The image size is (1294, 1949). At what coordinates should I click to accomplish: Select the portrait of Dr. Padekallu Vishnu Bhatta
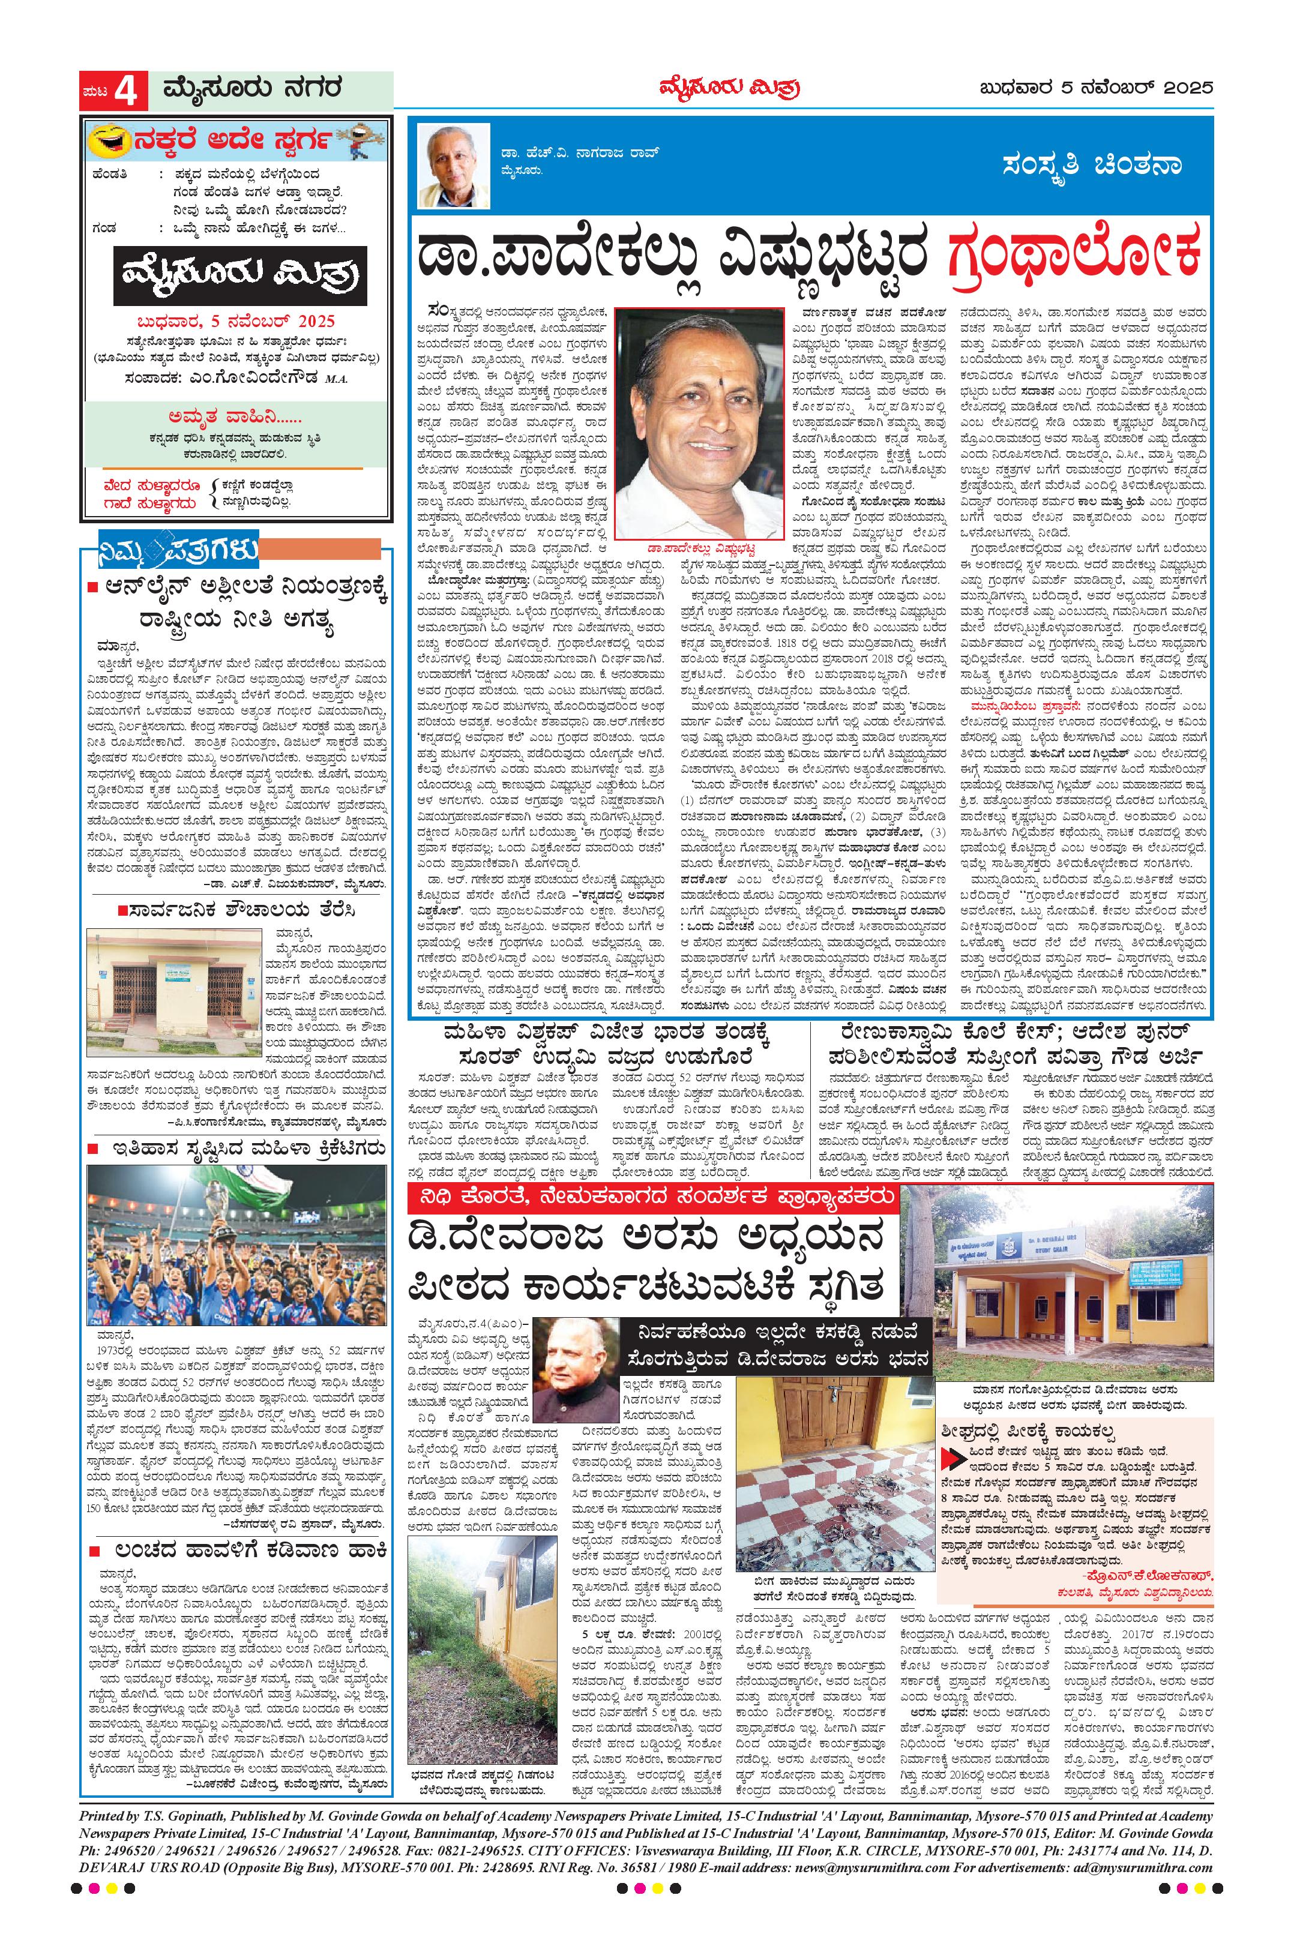700,422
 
